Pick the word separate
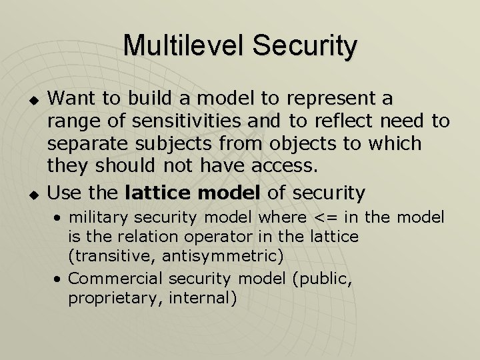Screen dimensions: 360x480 pos(90,144)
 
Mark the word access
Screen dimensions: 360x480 pos(285,166)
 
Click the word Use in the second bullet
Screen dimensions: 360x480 pos(65,193)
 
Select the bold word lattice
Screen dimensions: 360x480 pos(157,193)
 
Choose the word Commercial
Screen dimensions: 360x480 pos(116,279)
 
